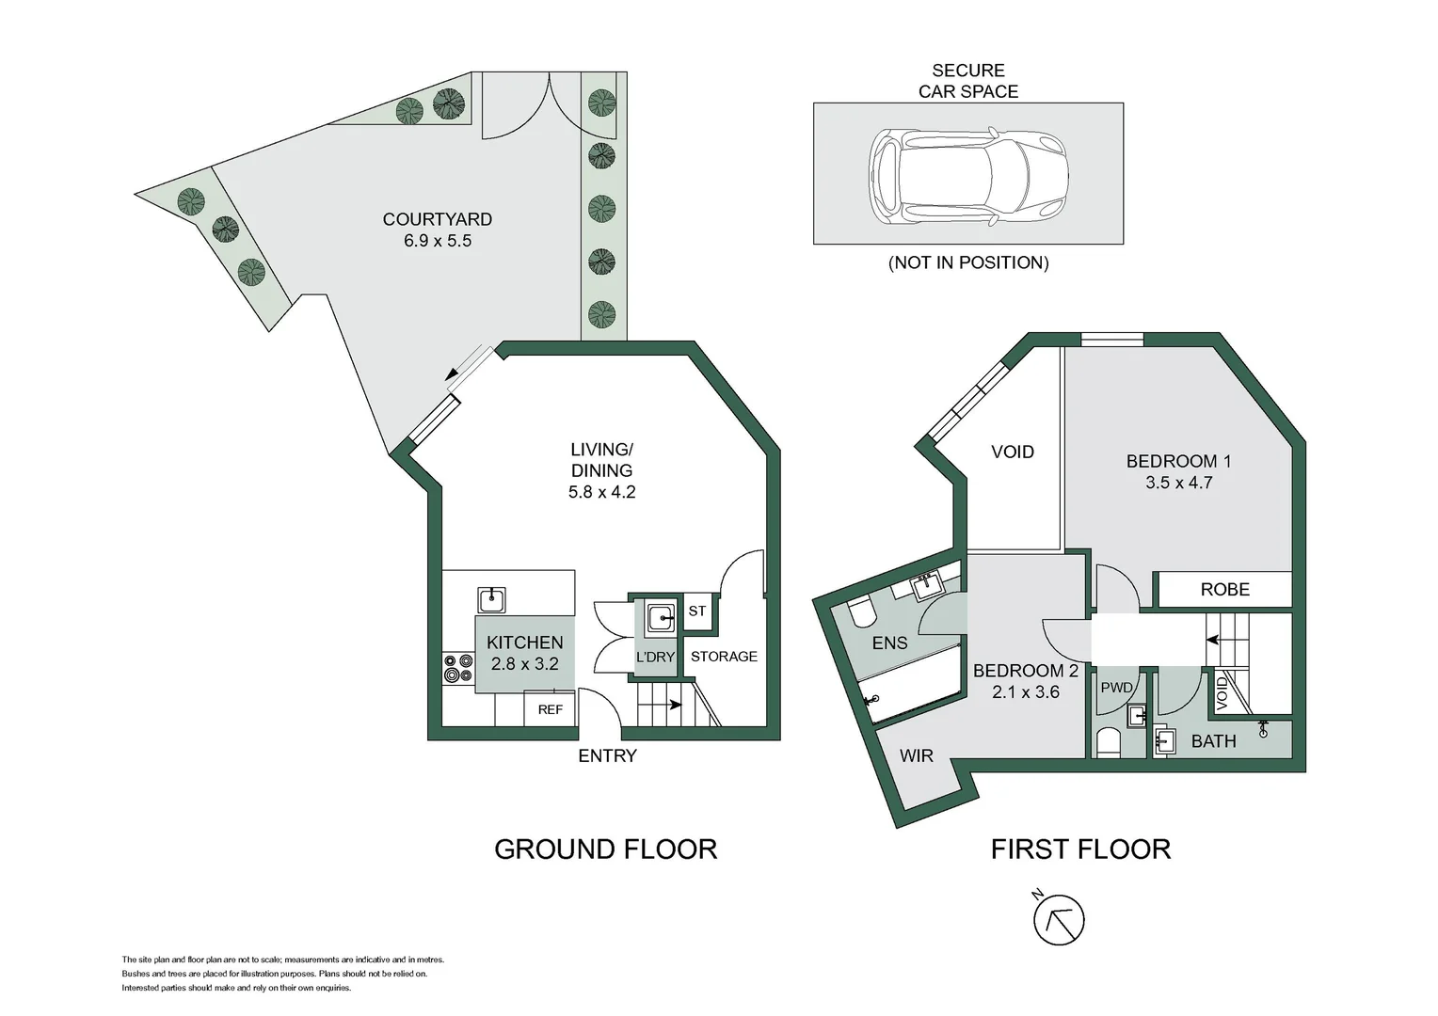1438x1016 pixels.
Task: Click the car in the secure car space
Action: pos(968,176)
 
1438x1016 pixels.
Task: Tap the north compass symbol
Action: pos(1059,918)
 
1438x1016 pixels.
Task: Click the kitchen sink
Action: pos(491,600)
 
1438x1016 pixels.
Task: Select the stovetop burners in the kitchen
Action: pos(458,668)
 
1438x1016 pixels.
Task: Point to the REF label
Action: pos(551,709)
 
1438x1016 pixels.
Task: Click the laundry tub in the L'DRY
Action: pos(660,618)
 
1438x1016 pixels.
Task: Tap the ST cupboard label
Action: pos(697,611)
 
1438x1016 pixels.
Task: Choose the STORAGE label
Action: pos(724,656)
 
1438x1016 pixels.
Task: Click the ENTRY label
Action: pos(607,755)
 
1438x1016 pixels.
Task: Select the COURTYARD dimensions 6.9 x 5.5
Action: pos(438,241)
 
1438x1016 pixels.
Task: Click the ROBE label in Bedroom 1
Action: pos(1225,589)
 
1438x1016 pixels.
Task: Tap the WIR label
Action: pos(916,755)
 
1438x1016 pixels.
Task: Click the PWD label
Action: pos(1116,688)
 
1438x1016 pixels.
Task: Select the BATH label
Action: pos(1213,741)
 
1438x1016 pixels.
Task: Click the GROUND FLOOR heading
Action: pos(605,849)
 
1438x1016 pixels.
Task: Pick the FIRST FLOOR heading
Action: pos(1080,849)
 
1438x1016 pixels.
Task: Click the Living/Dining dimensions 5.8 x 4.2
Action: pos(601,492)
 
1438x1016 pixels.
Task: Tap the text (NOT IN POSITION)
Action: pos(968,262)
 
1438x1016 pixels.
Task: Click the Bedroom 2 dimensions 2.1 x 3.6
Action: pos(1025,691)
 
